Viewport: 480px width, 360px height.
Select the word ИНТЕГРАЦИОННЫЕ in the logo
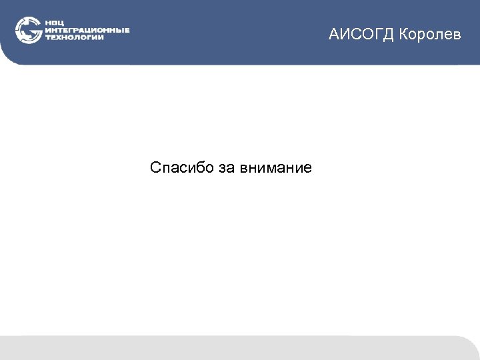click(x=87, y=30)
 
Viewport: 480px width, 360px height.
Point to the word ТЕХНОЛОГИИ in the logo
click(x=74, y=37)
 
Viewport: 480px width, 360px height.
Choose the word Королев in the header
click(x=431, y=35)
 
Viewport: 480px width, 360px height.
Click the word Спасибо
click(x=182, y=167)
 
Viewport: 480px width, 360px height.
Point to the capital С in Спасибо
click(x=156, y=167)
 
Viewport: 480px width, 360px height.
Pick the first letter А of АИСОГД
click(x=334, y=35)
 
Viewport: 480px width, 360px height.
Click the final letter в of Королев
click(x=457, y=35)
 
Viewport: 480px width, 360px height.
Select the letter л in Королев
click(x=439, y=35)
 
